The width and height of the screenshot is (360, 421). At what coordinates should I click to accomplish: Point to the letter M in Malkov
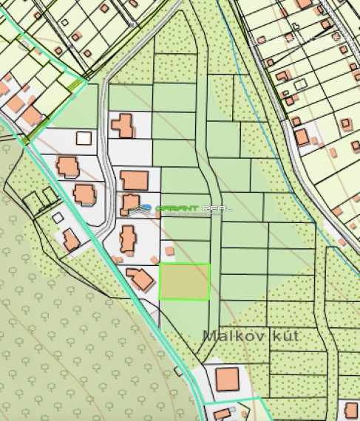208,335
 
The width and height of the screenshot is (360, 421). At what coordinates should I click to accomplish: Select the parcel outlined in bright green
185,281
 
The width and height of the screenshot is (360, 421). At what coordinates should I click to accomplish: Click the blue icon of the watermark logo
146,208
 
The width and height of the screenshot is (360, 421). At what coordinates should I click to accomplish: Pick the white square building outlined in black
84,137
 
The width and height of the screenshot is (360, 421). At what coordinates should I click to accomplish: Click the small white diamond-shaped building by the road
58,217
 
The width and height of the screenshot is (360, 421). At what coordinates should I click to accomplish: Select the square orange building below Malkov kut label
228,380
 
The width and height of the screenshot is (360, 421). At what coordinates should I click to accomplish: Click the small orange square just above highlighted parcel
169,251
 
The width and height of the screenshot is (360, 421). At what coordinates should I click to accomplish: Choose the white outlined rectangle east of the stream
301,83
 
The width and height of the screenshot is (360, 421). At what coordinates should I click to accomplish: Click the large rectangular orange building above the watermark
135,179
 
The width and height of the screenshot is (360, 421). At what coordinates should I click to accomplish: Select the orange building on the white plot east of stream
302,137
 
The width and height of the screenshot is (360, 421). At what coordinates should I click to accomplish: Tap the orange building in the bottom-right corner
350,410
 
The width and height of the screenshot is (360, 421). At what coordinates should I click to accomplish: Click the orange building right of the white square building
123,124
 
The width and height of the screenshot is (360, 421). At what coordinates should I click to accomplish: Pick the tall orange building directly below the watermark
129,237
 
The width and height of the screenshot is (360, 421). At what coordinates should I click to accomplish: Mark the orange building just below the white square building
67,165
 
